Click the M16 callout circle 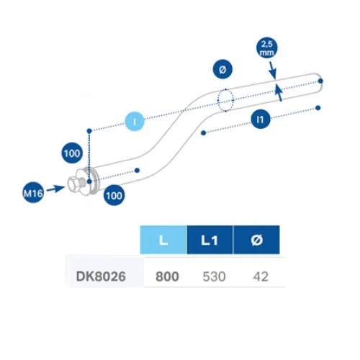tap(33, 193)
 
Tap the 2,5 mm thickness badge tap(267, 48)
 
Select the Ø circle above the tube tap(222, 69)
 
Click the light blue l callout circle tap(135, 122)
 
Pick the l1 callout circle tap(261, 119)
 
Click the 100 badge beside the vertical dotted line tap(72, 153)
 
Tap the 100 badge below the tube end tap(114, 195)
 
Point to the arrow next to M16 tap(55, 189)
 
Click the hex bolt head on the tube tap(75, 184)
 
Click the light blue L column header tap(163, 240)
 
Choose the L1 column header tap(210, 240)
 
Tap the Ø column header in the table tap(256, 240)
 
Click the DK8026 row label tap(101, 276)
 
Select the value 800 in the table tap(167, 276)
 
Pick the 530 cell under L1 tap(214, 276)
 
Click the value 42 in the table tap(261, 276)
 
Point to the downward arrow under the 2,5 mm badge tap(273, 70)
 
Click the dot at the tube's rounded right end tap(320, 81)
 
